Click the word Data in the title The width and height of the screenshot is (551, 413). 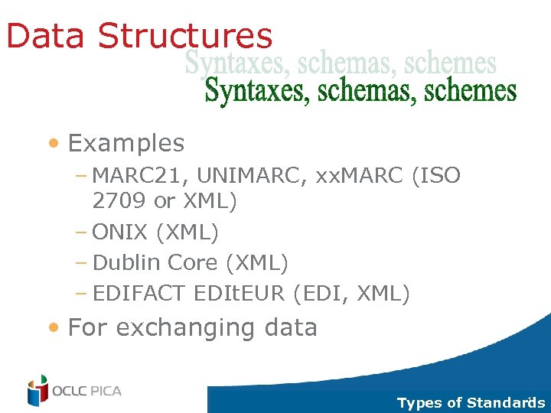click(47, 36)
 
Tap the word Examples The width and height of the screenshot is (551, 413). click(126, 143)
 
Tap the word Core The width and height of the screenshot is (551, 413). click(193, 262)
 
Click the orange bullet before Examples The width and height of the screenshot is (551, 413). click(53, 144)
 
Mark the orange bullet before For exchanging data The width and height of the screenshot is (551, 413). click(53, 328)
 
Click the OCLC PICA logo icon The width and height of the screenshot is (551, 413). click(37, 391)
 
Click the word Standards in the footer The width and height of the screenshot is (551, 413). click(506, 403)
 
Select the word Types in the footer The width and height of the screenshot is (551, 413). click(419, 403)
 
